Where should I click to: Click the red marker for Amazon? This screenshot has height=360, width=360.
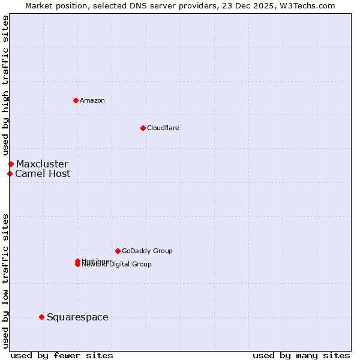tap(76, 100)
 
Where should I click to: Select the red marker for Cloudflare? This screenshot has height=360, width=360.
tap(143, 128)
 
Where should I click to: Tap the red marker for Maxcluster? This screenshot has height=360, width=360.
tap(11, 164)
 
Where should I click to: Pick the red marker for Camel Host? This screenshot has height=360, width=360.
tap(10, 173)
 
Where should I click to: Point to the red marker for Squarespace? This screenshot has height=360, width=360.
tap(41, 317)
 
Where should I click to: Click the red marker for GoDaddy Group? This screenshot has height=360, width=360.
tap(118, 251)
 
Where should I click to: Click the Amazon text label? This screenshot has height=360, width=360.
tap(92, 101)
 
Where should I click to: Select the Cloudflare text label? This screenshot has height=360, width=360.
tap(163, 128)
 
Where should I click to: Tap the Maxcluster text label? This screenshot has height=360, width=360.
tap(42, 164)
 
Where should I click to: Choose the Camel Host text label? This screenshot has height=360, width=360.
tap(43, 174)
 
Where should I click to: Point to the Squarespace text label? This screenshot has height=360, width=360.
tap(77, 317)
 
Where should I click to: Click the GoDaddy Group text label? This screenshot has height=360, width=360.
tap(147, 251)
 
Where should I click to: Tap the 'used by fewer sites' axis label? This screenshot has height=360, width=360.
tap(62, 355)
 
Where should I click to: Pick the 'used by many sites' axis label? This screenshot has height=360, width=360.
tap(301, 355)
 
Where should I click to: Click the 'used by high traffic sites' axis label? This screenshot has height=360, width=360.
tap(5, 86)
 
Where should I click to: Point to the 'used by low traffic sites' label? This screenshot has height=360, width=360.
tap(5, 281)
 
